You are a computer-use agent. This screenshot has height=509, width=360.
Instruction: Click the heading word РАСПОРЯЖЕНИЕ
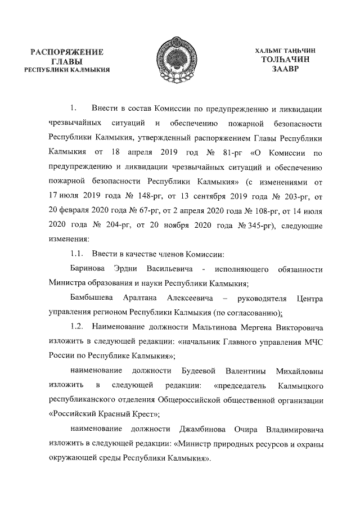tap(69, 52)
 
